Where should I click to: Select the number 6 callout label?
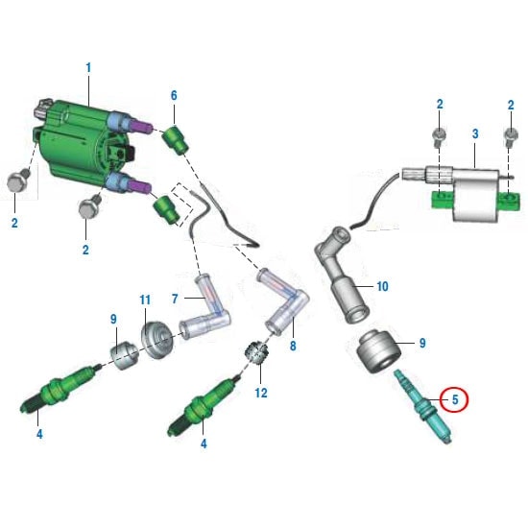[x=174, y=95]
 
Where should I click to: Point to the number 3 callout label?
[x=474, y=132]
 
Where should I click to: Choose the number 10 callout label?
[x=381, y=286]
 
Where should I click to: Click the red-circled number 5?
[x=454, y=396]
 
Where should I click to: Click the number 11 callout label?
[x=145, y=300]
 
